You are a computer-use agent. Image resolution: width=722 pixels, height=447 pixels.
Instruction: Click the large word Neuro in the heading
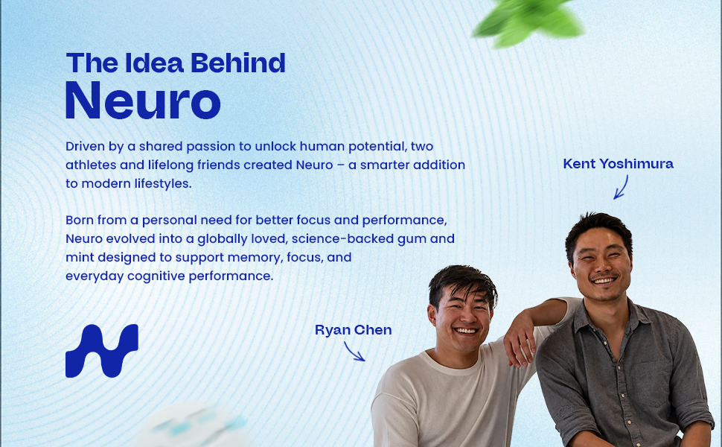click(x=143, y=100)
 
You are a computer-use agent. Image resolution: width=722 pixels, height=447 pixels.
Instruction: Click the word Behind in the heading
click(x=238, y=63)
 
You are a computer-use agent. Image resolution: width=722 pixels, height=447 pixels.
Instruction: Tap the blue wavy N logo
click(x=102, y=351)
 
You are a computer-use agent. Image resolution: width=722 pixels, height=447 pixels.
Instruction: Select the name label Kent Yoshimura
click(x=618, y=164)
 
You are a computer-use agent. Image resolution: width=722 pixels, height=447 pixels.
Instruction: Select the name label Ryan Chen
click(x=353, y=330)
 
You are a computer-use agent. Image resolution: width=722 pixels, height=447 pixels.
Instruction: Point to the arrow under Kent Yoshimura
click(x=622, y=187)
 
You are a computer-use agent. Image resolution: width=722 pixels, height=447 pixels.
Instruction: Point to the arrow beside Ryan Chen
click(x=354, y=352)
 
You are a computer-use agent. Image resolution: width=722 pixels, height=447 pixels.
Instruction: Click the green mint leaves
click(x=528, y=21)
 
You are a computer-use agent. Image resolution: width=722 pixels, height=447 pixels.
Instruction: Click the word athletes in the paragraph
click(x=91, y=165)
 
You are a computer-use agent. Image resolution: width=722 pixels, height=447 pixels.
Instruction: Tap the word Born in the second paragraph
click(x=79, y=220)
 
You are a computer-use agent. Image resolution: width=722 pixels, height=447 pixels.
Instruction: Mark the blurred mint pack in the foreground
click(x=194, y=425)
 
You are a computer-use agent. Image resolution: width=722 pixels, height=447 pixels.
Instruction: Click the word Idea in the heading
click(x=154, y=63)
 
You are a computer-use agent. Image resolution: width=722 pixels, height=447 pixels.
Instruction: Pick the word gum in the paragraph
click(x=414, y=239)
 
